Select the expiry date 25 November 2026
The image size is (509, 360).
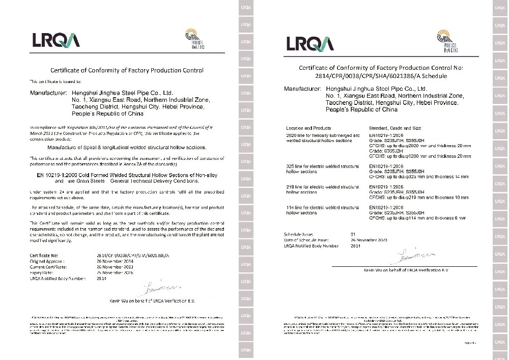pyautogui.click(x=115, y=272)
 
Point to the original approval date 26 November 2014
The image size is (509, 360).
pyautogui.click(x=115, y=260)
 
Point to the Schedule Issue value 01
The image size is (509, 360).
pyautogui.click(x=367, y=234)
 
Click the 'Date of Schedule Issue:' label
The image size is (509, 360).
pyautogui.click(x=306, y=240)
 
